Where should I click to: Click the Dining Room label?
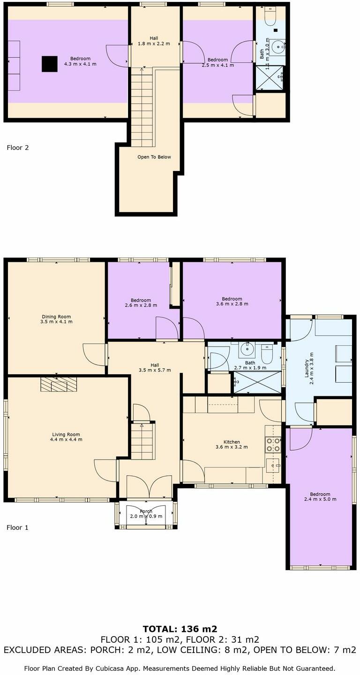click(56, 316)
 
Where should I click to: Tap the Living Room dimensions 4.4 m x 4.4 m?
click(67, 440)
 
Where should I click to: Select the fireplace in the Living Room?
click(58, 384)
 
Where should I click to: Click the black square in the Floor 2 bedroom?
click(49, 64)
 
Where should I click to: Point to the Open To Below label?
click(154, 157)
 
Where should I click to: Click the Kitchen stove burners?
click(272, 445)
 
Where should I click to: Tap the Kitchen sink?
click(273, 464)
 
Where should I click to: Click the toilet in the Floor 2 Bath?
click(270, 17)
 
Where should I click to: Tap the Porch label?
click(146, 511)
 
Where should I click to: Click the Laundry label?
click(307, 368)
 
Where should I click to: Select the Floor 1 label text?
click(17, 527)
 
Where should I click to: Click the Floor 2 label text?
click(17, 148)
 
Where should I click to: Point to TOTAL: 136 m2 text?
click(180, 629)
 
